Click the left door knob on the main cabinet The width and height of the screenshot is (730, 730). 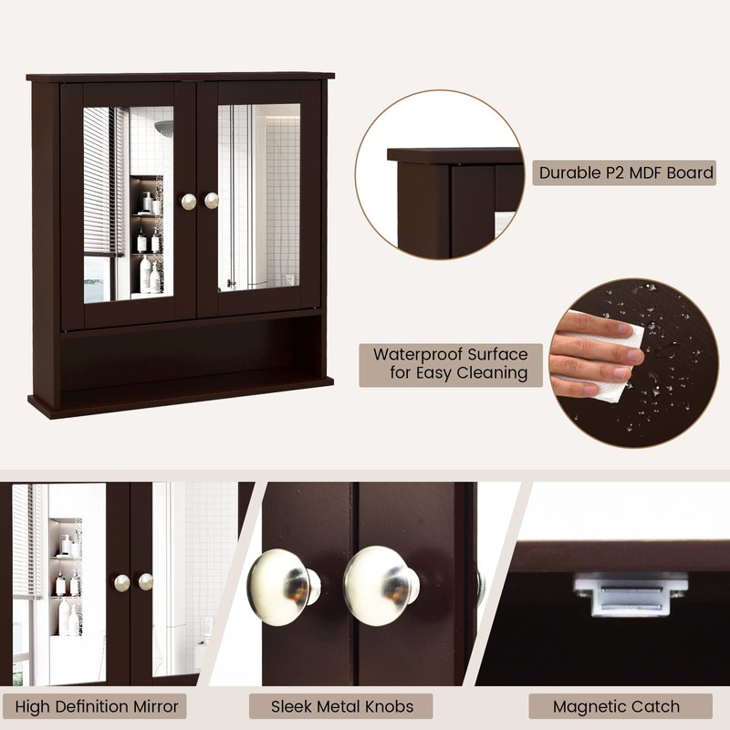(x=189, y=201)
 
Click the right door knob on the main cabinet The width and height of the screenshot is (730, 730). (x=212, y=200)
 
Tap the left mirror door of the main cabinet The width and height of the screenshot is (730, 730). (x=128, y=201)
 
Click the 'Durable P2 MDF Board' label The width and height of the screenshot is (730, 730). (x=626, y=172)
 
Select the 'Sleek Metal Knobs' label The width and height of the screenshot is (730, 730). (x=342, y=705)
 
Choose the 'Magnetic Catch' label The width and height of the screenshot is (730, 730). (x=616, y=705)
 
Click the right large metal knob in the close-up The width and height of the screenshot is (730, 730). (x=379, y=585)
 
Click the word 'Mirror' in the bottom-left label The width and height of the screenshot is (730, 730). (x=150, y=705)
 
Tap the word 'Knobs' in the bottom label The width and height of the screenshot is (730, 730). (x=387, y=705)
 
